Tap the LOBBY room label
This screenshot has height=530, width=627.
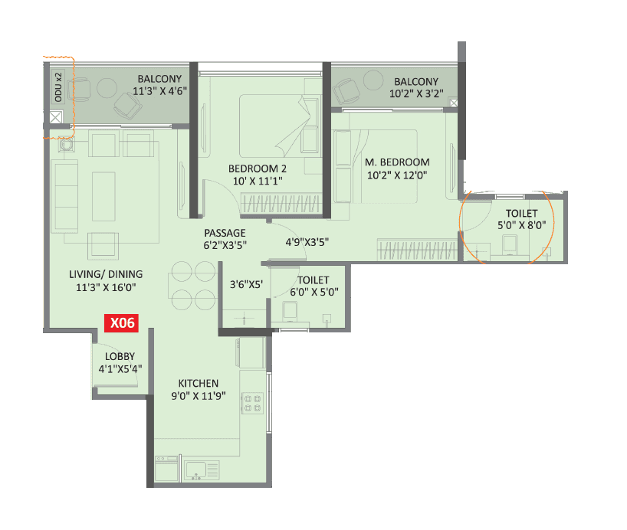[120, 356]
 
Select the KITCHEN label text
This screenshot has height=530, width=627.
[199, 383]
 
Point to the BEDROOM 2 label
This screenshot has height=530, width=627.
[257, 168]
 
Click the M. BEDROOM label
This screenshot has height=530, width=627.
[397, 162]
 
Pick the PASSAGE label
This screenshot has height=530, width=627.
[225, 233]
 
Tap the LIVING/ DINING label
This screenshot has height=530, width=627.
[109, 274]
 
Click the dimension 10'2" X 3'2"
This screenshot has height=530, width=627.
[416, 95]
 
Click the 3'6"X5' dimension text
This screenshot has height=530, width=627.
[247, 285]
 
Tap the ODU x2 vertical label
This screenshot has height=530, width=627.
[58, 87]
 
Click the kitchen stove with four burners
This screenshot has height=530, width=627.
[252, 403]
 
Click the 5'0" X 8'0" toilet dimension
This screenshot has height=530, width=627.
[521, 226]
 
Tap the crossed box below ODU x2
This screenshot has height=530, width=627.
[55, 118]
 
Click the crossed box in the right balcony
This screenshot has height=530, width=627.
[454, 103]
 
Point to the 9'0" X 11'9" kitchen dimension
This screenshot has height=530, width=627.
[199, 396]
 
